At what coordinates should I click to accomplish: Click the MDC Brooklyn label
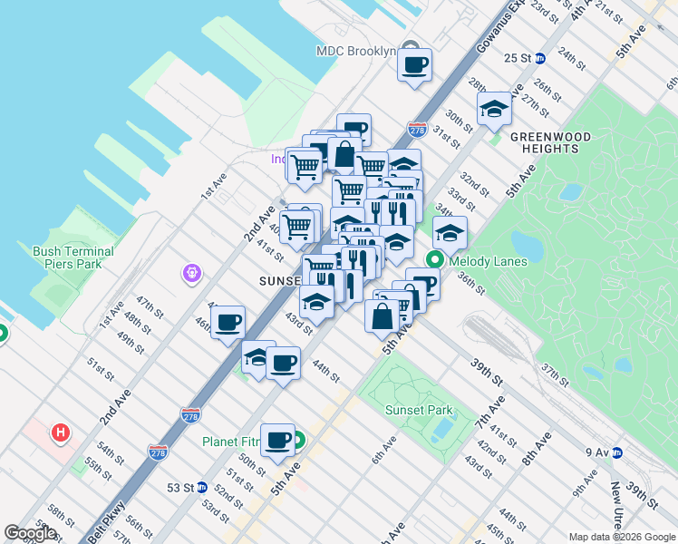click(356, 51)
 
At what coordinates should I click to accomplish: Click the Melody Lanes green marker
click(434, 260)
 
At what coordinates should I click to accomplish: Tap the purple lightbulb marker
click(191, 272)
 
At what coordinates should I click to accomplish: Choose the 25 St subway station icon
click(541, 58)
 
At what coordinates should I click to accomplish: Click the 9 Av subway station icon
click(616, 452)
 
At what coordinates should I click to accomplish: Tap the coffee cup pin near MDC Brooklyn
click(415, 64)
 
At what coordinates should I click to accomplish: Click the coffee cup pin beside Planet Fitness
click(277, 441)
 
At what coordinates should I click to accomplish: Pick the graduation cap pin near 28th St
click(494, 109)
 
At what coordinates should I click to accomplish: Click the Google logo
click(31, 533)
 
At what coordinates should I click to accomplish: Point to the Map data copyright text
click(621, 536)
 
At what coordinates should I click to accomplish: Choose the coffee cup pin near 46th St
click(228, 321)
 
